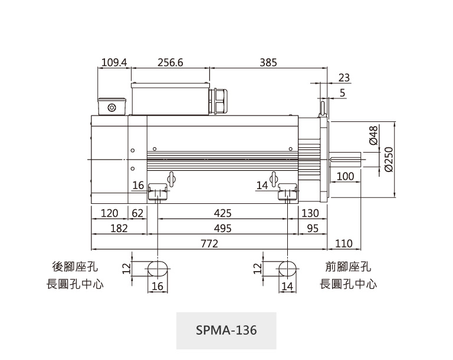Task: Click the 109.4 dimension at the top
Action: click(x=114, y=62)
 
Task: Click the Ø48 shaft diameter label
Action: click(x=373, y=135)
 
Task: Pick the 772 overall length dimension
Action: click(x=209, y=243)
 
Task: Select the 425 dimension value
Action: click(x=222, y=213)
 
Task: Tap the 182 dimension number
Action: click(x=119, y=228)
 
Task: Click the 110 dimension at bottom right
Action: click(x=343, y=243)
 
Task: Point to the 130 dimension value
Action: click(x=310, y=213)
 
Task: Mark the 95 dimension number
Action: click(x=313, y=228)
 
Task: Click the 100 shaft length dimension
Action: click(x=345, y=177)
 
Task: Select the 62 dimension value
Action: click(x=138, y=213)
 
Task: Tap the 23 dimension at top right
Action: click(x=344, y=77)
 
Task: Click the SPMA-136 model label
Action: click(x=226, y=330)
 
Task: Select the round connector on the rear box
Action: click(x=112, y=107)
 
